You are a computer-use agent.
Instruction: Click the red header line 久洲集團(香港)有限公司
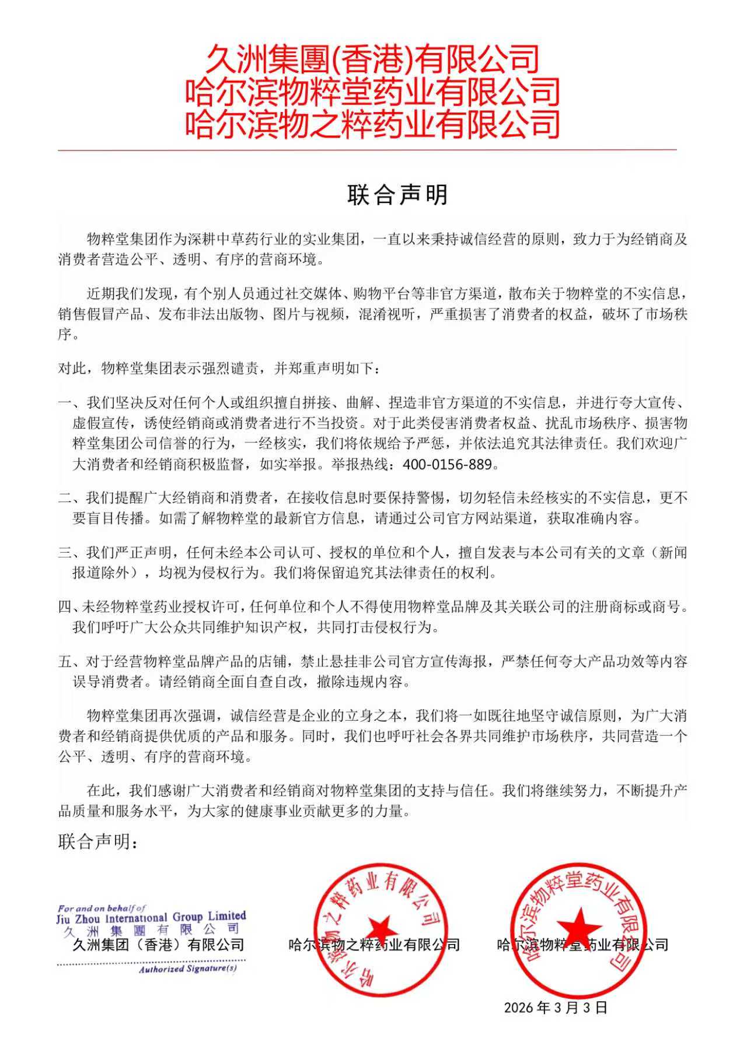click(x=372, y=59)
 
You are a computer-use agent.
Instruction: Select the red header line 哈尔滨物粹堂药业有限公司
click(x=372, y=92)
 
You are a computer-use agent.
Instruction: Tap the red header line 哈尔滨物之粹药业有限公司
click(x=372, y=124)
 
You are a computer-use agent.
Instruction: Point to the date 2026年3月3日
click(x=556, y=1008)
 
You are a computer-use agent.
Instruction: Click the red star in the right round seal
click(x=578, y=925)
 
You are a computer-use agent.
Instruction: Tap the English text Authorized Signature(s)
click(x=187, y=969)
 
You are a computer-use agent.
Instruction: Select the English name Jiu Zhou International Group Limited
click(x=151, y=917)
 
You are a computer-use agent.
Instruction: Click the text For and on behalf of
click(x=102, y=908)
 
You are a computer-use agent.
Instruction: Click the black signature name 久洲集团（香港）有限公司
click(x=158, y=944)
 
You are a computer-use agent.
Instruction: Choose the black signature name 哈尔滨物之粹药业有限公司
click(x=374, y=945)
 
